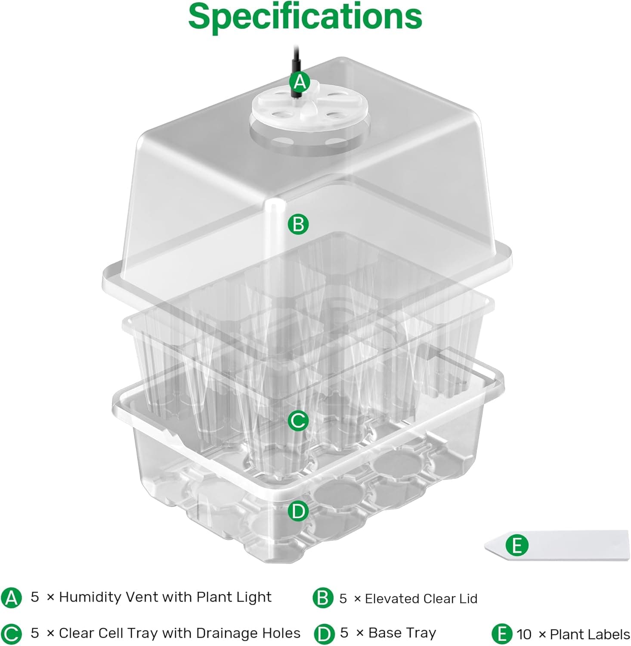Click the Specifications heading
305,16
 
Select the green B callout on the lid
298,224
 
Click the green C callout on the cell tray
298,420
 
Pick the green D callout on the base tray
298,511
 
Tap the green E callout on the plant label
517,545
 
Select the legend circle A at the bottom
11,598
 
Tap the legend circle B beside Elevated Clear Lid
323,598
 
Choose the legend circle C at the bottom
11,634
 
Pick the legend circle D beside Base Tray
324,634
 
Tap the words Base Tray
402,633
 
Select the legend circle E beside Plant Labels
501,634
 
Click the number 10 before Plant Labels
524,634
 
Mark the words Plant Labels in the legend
590,634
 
